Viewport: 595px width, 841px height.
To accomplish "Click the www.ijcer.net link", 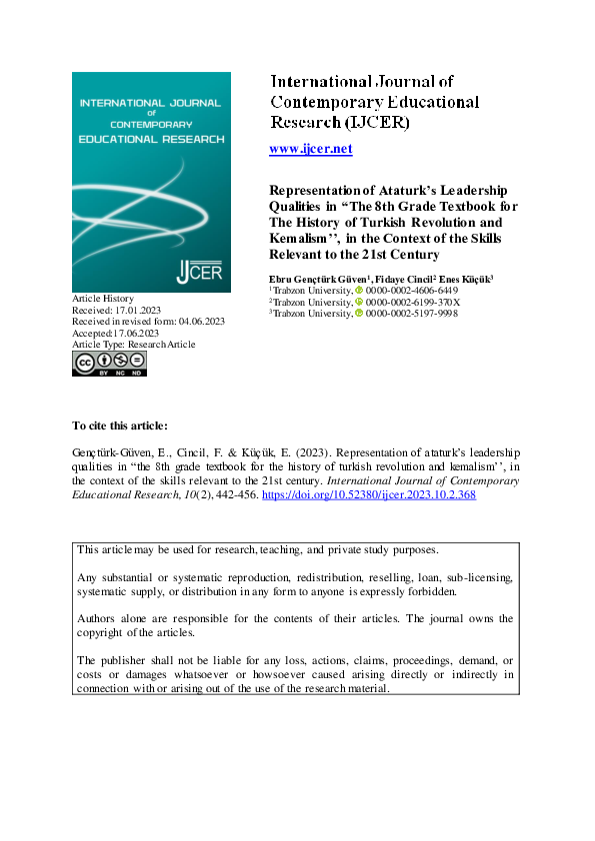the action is (311, 149).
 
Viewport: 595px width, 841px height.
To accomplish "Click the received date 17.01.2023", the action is (138, 310).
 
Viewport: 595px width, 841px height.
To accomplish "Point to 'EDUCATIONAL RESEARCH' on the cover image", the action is (151, 139).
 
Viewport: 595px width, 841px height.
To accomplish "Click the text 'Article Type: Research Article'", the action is (134, 345).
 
